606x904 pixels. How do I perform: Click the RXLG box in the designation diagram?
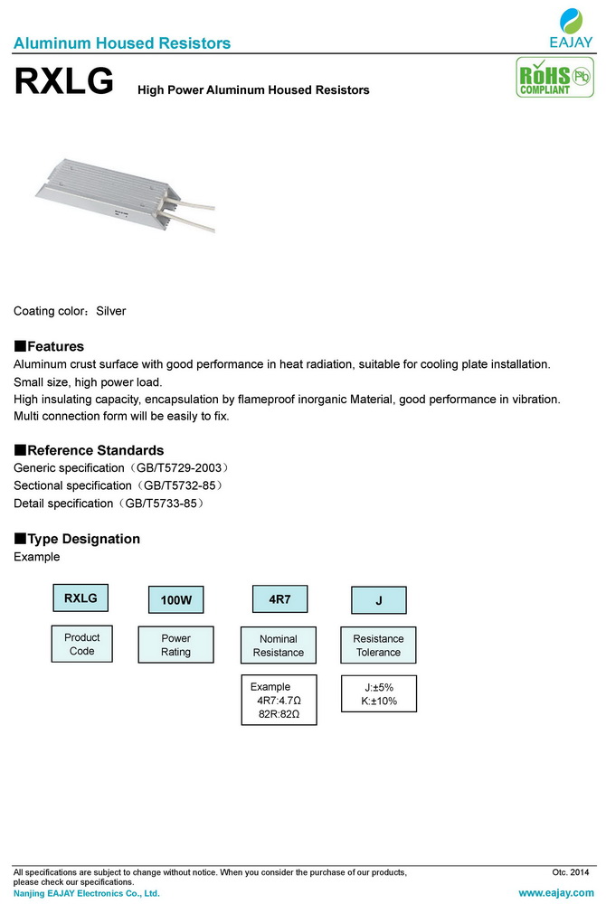80,598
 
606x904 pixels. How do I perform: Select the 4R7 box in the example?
279,599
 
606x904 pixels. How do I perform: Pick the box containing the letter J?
378,600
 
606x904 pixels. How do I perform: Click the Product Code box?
82,645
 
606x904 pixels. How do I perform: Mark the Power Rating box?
175,645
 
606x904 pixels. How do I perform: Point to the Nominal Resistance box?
279,645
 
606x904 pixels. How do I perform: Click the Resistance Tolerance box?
378,645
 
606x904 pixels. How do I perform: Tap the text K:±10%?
378,702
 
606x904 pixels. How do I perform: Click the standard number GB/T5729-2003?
186,468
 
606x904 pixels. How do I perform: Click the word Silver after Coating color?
111,311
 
